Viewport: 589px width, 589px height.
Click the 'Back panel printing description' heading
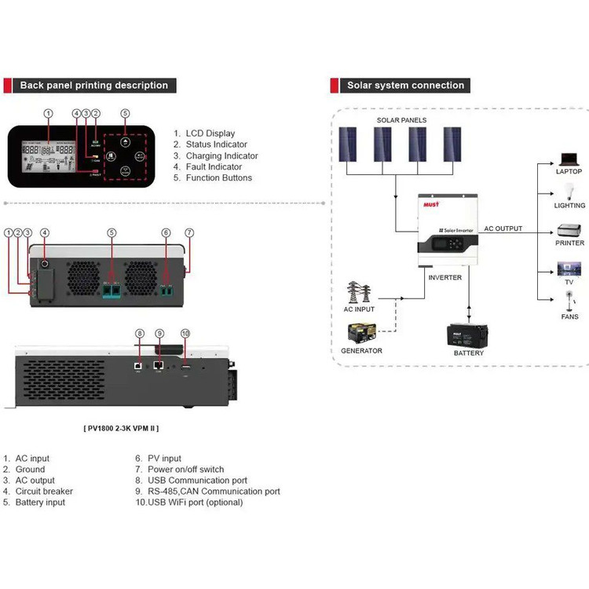[93, 85]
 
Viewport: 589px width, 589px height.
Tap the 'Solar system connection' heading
[405, 85]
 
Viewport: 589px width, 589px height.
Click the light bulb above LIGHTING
[569, 191]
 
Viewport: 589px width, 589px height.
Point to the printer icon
[569, 231]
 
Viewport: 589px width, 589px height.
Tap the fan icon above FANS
[569, 302]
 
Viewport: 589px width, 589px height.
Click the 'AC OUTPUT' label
[503, 229]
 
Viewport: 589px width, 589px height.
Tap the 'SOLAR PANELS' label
[401, 120]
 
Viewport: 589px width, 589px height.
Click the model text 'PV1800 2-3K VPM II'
[126, 428]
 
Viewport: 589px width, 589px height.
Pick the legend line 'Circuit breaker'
[44, 492]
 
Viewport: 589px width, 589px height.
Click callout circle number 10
[186, 334]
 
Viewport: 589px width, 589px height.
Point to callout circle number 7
[188, 232]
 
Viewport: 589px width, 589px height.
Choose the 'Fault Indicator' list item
[214, 166]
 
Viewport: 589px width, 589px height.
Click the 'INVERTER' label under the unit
[444, 277]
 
